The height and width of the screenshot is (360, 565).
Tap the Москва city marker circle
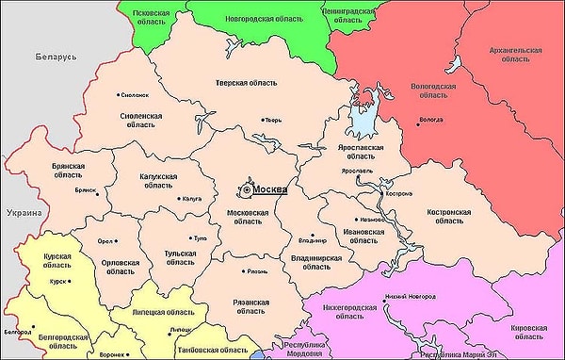click(246, 189)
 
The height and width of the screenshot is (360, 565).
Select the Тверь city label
click(274, 120)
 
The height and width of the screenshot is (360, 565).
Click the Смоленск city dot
click(120, 94)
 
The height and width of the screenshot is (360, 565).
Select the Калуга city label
click(192, 199)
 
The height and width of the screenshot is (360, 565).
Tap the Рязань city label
click(256, 270)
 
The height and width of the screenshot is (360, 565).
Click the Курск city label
click(58, 280)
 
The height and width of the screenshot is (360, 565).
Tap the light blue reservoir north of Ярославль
click(361, 118)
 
